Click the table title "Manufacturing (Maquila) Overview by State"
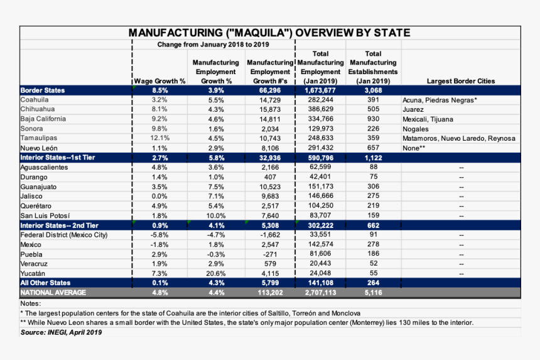pyautogui.click(x=269, y=33)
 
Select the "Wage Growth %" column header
pyautogui.click(x=159, y=81)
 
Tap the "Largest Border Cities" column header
pyautogui.click(x=460, y=81)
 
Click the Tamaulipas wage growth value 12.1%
pyautogui.click(x=159, y=138)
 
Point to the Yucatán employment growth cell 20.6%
pyautogui.click(x=216, y=273)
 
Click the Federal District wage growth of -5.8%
pyautogui.click(x=159, y=235)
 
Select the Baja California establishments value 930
pyautogui.click(x=373, y=119)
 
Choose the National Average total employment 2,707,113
pyautogui.click(x=320, y=293)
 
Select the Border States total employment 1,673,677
pyautogui.click(x=320, y=90)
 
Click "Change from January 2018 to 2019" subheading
pyautogui.click(x=213, y=45)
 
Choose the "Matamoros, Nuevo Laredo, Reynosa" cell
pyautogui.click(x=458, y=138)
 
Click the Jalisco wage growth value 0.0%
pyautogui.click(x=159, y=196)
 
